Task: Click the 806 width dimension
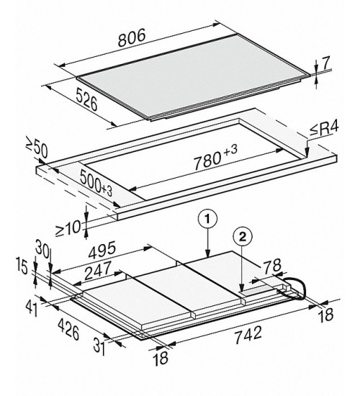pyautogui.click(x=132, y=38)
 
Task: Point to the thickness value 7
pyautogui.click(x=326, y=63)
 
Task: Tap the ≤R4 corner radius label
pyautogui.click(x=324, y=130)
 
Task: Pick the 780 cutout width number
pyautogui.click(x=207, y=161)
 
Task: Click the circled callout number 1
pyautogui.click(x=207, y=220)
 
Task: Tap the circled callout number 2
pyautogui.click(x=242, y=237)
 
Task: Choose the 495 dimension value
pyautogui.click(x=102, y=250)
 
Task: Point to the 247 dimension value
pyautogui.click(x=97, y=271)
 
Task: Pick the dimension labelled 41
pyautogui.click(x=32, y=308)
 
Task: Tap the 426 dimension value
pyautogui.click(x=68, y=328)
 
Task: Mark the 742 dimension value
pyautogui.click(x=248, y=335)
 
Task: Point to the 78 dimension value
pyautogui.click(x=273, y=266)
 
